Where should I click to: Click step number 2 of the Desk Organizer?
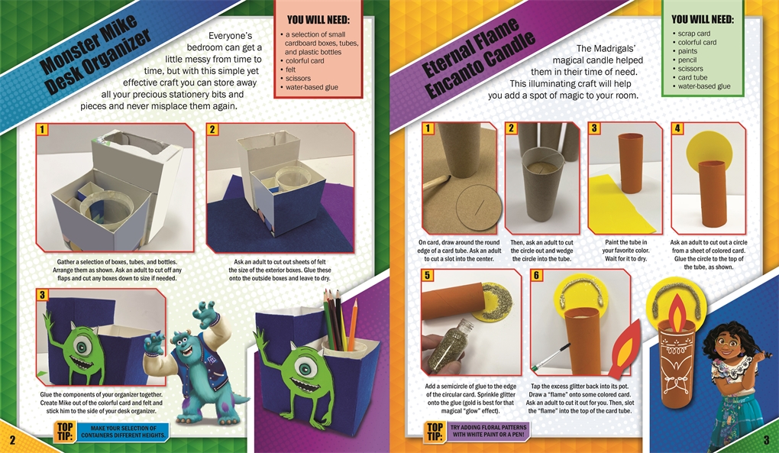tap(212, 130)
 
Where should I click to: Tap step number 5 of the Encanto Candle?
tap(427, 275)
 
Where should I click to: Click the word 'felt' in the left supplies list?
tap(291, 70)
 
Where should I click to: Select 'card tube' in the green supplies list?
tap(693, 77)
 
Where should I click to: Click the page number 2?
tap(12, 439)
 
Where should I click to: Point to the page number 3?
tap(767, 439)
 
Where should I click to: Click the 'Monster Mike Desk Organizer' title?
tap(95, 55)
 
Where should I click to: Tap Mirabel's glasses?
tap(727, 343)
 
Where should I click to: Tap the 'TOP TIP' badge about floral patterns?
tap(435, 431)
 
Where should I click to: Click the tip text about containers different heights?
tap(123, 432)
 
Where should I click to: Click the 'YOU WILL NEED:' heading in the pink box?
tap(318, 21)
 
